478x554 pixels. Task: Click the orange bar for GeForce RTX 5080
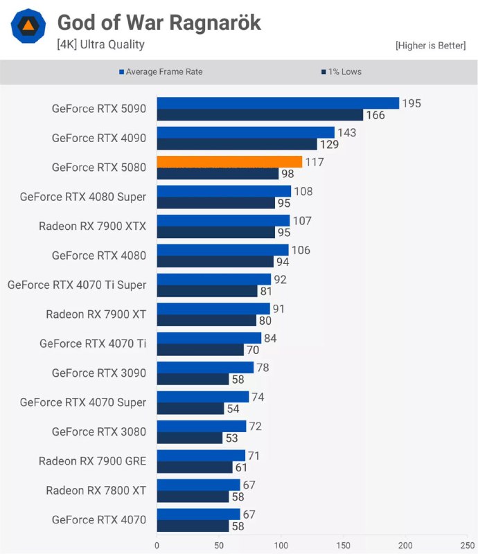pos(229,161)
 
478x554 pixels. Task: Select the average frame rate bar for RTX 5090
pos(278,103)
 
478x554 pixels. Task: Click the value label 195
pos(411,103)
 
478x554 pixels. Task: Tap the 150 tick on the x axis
pos(344,545)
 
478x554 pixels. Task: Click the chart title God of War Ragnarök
pos(159,23)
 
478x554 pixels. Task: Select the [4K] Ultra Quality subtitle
pos(100,44)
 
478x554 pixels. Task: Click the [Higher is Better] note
pos(430,46)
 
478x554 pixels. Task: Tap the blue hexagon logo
pos(28,27)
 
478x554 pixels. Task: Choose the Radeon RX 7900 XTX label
pos(92,226)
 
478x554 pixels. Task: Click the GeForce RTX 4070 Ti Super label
pos(77,285)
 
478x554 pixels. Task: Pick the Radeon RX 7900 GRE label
pos(92,461)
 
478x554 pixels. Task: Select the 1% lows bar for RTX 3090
pos(193,379)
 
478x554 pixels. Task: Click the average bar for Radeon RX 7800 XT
pos(198,485)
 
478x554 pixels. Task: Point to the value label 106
pos(301,250)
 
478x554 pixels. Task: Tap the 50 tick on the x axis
pos(219,545)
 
